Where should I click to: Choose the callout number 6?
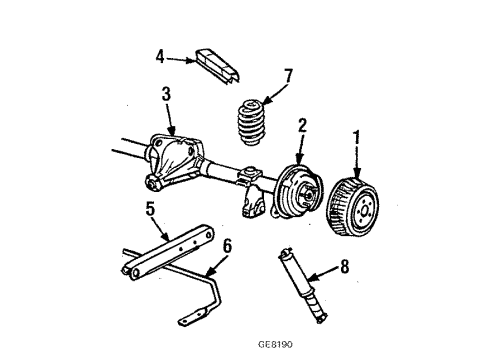[x=227, y=245]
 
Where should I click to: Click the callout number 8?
[x=346, y=266]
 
